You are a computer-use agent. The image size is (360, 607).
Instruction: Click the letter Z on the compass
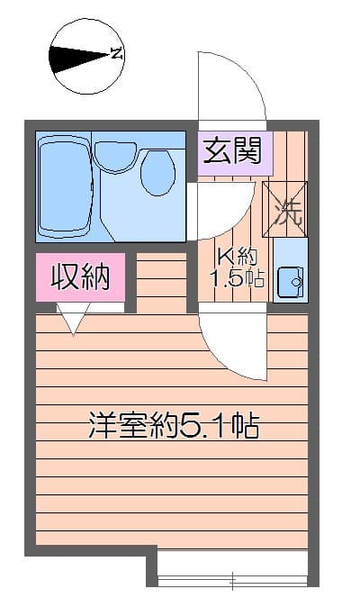coord(116,53)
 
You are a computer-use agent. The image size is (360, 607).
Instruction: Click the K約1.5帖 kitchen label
coord(237,267)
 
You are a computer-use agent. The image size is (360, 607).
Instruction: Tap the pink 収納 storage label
coord(79,277)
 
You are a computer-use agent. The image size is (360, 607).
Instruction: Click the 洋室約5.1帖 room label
coord(173,424)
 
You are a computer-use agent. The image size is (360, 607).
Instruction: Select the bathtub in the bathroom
coord(66,186)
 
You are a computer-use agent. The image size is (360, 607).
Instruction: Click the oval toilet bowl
coord(158,172)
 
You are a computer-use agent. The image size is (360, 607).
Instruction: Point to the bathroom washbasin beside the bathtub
coord(115,157)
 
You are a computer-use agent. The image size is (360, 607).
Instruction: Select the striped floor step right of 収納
coord(160,281)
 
